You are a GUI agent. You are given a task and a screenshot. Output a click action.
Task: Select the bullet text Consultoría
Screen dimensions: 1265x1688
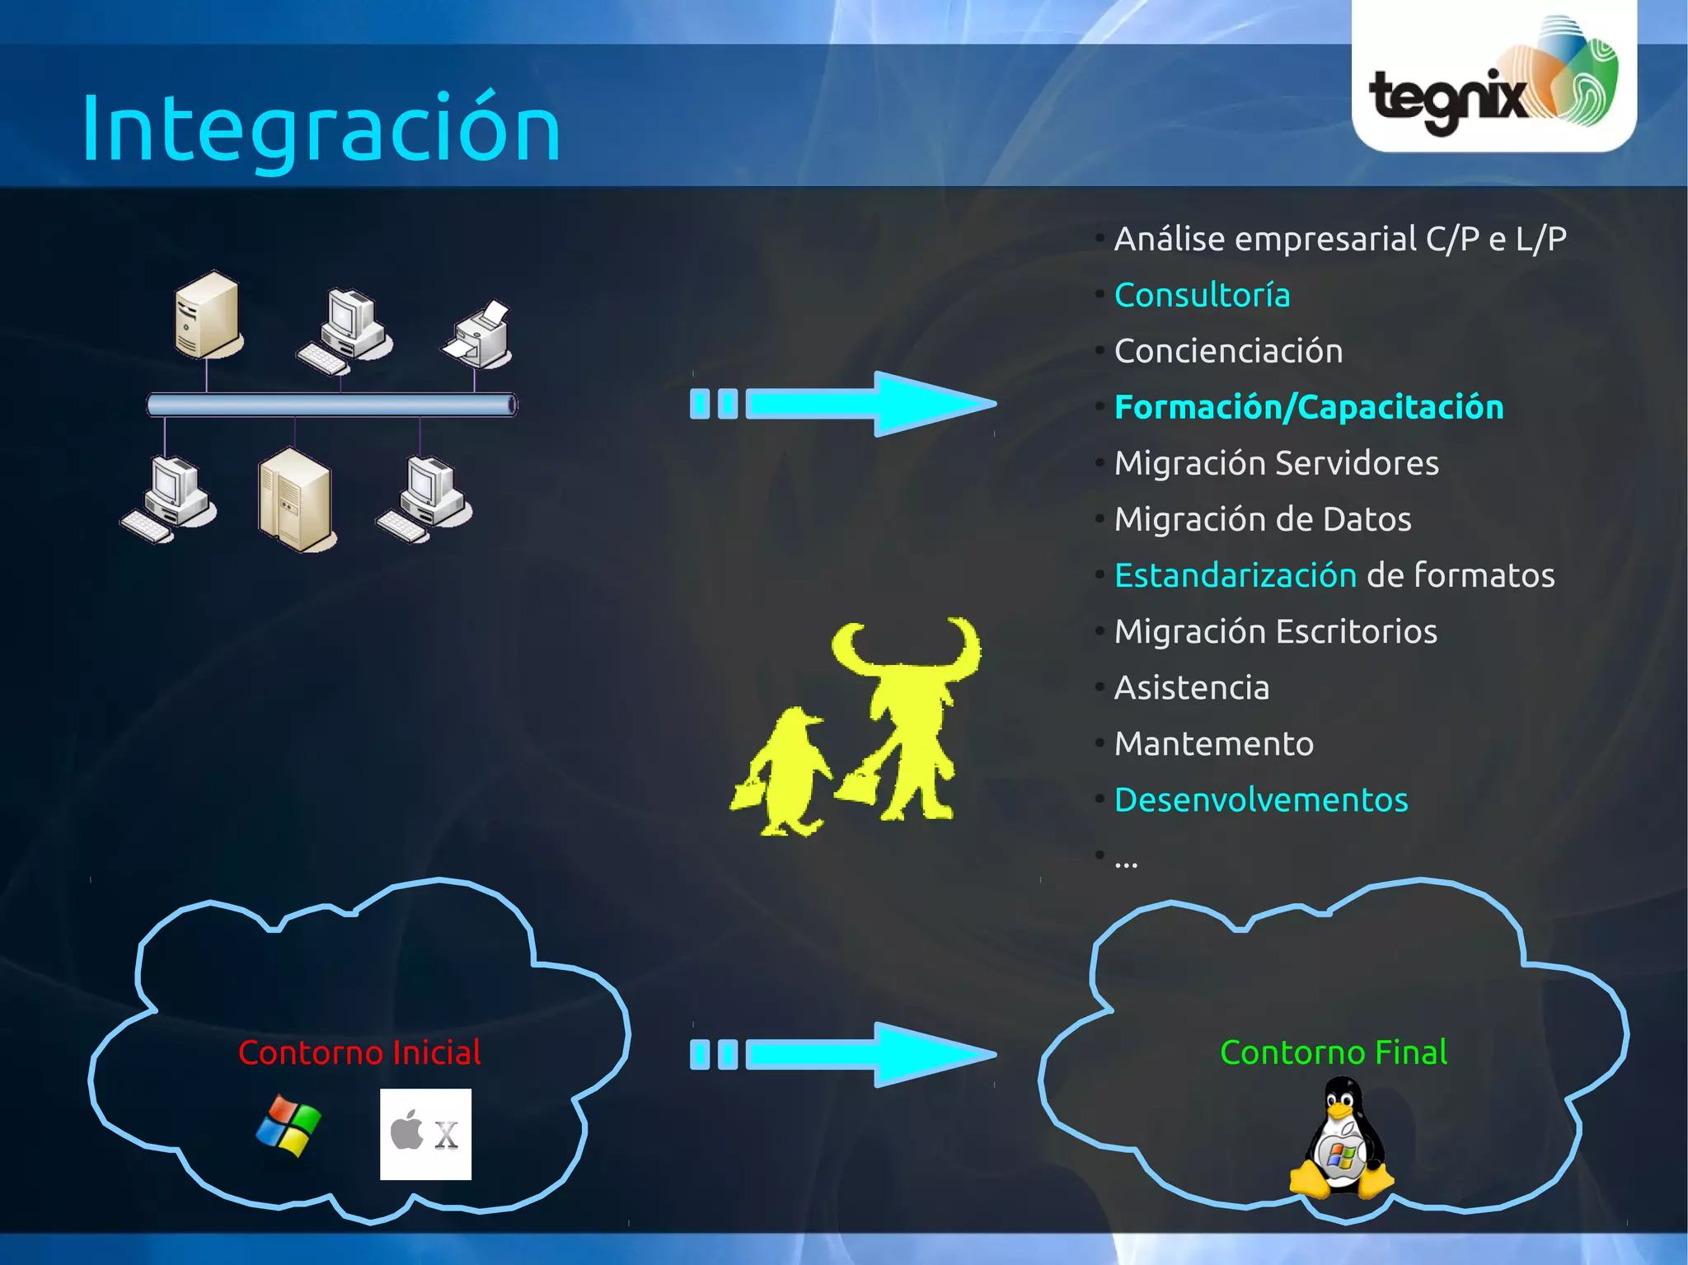tap(1202, 295)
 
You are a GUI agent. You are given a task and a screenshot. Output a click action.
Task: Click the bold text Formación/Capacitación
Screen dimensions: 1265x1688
tap(1308, 407)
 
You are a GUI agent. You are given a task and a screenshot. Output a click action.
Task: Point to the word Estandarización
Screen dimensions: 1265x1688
tap(1235, 575)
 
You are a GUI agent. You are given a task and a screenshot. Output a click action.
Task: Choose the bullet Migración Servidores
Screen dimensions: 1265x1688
tap(1276, 463)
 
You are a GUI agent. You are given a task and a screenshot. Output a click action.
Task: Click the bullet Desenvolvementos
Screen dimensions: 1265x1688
tap(1261, 799)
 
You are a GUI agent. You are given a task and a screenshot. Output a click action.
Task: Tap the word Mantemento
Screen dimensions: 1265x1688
tap(1213, 743)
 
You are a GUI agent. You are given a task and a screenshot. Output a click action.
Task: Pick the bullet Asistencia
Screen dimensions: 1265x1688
tap(1191, 687)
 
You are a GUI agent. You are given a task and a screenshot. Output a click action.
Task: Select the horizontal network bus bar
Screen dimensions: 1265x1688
tap(331, 405)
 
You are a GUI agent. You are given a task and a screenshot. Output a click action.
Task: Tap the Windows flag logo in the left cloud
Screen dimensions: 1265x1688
tap(288, 1126)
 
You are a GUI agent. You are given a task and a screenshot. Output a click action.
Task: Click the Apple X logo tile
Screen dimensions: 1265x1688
tap(425, 1134)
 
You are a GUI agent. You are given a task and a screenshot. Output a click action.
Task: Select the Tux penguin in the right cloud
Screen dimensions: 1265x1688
tap(1341, 1141)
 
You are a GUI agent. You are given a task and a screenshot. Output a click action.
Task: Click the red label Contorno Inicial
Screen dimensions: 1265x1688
tap(359, 1052)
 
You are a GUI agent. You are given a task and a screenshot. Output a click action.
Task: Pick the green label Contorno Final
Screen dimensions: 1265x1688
tap(1333, 1052)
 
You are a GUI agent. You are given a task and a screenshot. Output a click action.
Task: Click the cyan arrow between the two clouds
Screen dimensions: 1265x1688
tap(845, 1054)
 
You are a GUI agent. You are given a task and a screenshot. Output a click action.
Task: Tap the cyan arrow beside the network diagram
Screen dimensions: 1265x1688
tap(845, 404)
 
